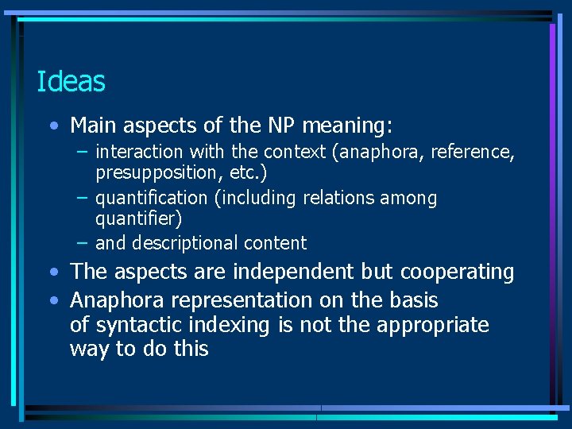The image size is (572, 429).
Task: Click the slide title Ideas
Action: pos(71,81)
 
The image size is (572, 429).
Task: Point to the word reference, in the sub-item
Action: pos(473,152)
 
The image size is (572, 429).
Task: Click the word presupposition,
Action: pos(157,172)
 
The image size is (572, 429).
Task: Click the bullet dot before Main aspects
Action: pos(52,126)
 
